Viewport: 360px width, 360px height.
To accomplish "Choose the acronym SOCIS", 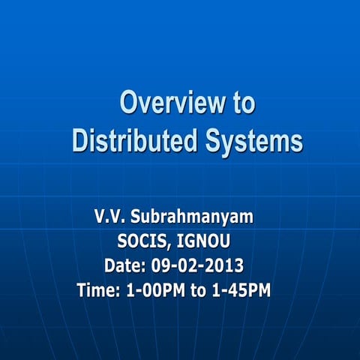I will [x=144, y=241].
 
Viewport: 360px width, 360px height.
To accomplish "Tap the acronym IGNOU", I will [x=214, y=241].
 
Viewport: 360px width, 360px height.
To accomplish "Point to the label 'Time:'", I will [x=97, y=289].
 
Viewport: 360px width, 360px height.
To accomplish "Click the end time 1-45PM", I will [x=241, y=289].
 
